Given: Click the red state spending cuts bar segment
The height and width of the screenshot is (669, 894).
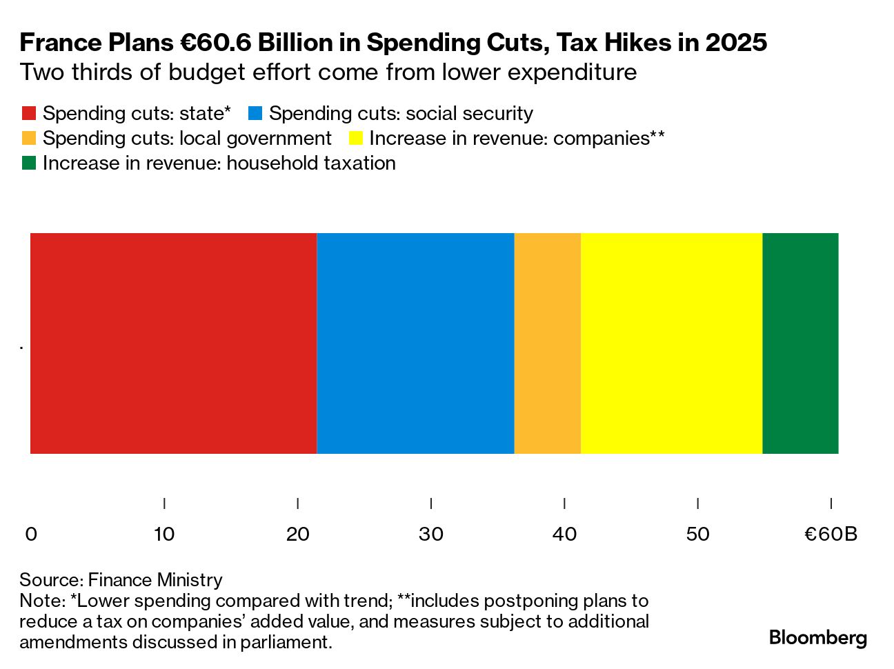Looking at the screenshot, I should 173,343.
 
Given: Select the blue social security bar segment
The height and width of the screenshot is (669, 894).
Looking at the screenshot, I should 415,343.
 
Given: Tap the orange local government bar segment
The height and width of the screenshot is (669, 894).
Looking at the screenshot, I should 547,343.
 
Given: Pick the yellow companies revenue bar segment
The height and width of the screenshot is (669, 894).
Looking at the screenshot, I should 671,343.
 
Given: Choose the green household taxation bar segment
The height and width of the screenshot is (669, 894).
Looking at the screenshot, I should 800,343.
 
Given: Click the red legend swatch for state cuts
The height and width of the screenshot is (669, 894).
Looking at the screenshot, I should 29,114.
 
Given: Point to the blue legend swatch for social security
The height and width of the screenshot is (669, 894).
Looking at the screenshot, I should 255,114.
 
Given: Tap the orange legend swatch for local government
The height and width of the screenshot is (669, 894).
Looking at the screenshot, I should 29,139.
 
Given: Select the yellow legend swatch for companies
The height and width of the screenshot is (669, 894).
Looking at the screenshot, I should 355,139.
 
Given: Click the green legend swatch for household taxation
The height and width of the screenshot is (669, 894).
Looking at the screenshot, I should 29,163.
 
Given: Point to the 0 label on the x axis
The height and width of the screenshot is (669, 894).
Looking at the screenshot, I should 31,534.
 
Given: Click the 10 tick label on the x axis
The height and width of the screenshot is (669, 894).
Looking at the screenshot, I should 164,534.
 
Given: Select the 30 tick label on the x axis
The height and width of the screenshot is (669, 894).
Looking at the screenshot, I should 431,534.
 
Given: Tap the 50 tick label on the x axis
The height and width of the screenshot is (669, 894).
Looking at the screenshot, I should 698,534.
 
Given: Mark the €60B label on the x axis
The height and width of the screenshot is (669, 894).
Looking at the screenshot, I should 831,534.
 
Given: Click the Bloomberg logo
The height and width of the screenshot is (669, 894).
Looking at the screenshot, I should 818,637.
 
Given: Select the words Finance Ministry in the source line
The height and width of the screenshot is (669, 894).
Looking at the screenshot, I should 155,580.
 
